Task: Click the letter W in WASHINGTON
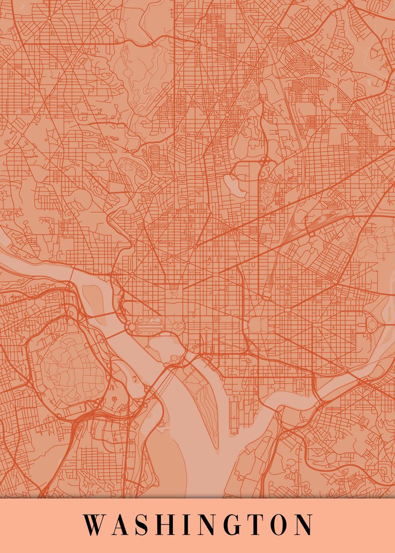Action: click(95, 524)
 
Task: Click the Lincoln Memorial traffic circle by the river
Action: click(132, 327)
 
